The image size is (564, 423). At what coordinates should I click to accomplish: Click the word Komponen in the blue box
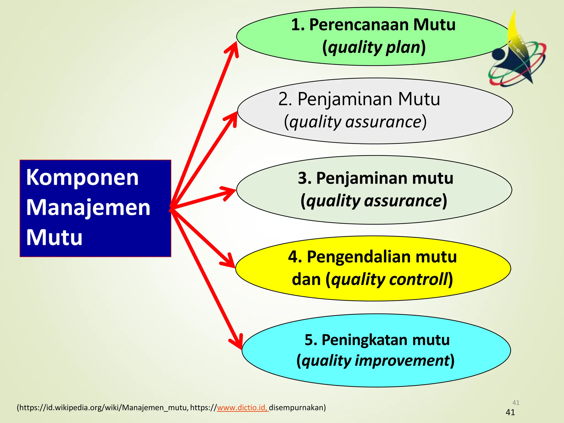point(82,178)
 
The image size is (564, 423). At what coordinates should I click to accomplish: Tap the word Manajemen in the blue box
point(88,208)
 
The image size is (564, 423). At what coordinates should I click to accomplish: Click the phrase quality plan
point(374,47)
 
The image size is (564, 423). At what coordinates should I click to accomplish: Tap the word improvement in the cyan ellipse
point(402,360)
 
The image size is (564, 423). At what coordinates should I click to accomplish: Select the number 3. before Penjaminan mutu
point(304,178)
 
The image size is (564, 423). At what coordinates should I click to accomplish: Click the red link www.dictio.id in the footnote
point(242,408)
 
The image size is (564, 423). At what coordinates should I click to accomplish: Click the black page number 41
point(510,412)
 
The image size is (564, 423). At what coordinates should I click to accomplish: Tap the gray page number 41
point(516,403)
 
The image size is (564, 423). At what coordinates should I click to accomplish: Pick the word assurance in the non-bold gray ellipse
point(383,122)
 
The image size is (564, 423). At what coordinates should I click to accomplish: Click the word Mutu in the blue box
point(54,237)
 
